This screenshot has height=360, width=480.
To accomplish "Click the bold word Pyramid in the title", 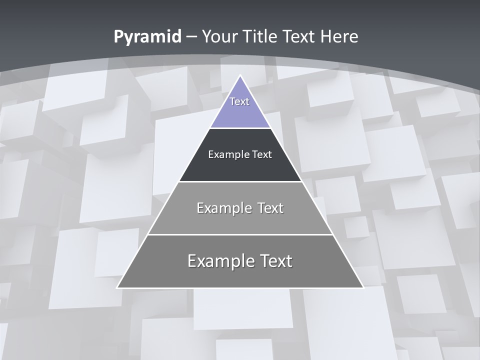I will pos(147,36).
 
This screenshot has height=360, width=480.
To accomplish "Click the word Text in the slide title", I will pos(299,36).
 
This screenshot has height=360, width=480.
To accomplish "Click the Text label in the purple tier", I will pos(239,101).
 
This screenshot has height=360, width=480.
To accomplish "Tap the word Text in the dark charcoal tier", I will pos(262,154).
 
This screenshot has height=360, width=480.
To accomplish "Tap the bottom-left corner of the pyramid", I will pos(117,287).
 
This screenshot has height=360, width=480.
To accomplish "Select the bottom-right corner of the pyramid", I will pos(363,287).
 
